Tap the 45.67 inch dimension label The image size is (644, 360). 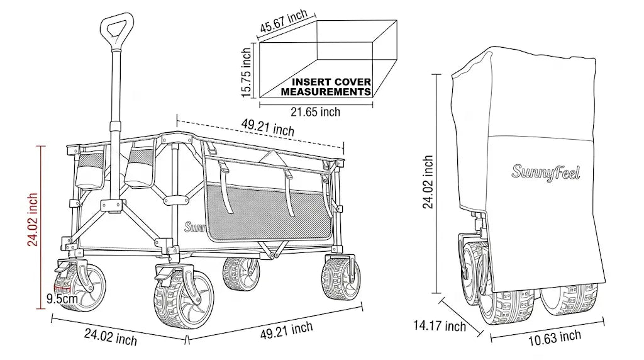(284, 21)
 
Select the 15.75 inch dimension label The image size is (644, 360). (246, 72)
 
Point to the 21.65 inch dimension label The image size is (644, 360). (316, 112)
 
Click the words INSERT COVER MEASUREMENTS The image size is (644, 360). (326, 87)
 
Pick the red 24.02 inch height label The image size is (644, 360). (33, 220)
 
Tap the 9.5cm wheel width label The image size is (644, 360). (62, 298)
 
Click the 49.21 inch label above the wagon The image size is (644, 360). (268, 127)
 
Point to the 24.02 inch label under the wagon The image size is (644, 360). (111, 337)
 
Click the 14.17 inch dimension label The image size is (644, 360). (440, 325)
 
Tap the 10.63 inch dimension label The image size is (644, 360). (555, 337)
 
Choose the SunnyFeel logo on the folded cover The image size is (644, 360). (546, 172)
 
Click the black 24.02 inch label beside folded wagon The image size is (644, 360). (428, 182)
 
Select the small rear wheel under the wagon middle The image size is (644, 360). (241, 273)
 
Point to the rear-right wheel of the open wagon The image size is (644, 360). (341, 278)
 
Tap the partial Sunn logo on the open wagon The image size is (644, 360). (195, 227)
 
